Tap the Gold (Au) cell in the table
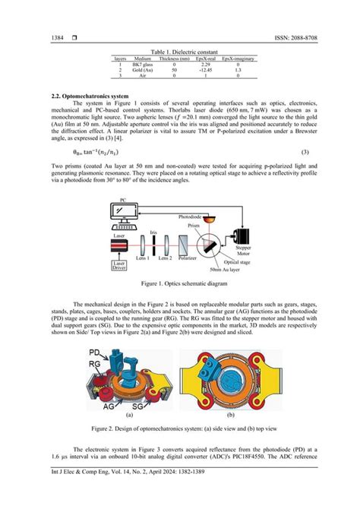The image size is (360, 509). coord(143,69)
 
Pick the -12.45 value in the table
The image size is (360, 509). coord(203,69)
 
